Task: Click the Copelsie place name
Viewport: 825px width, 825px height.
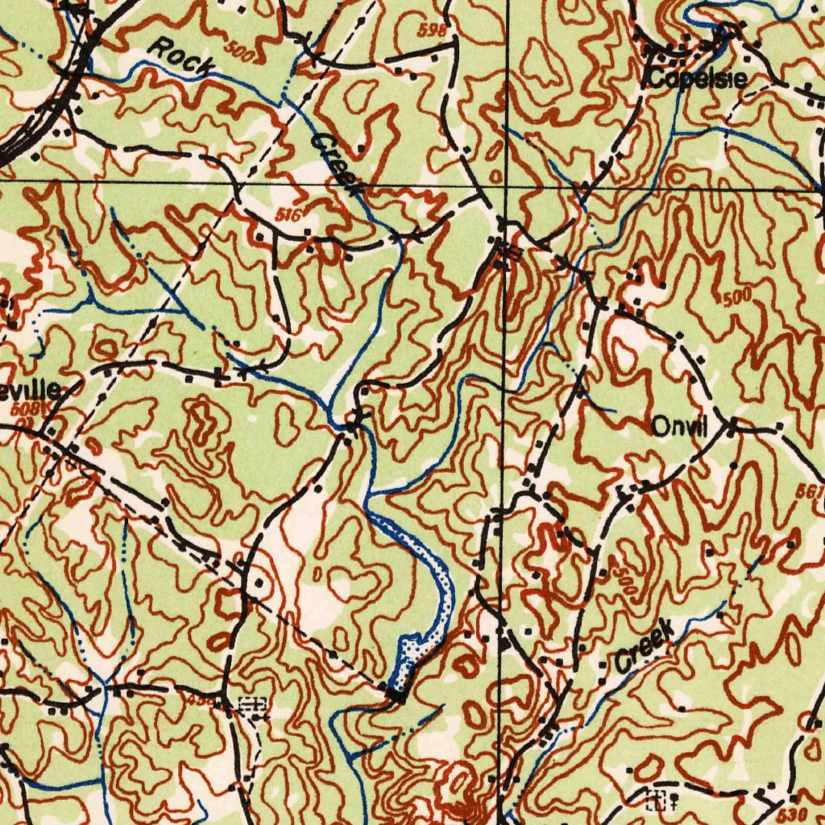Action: tap(698, 79)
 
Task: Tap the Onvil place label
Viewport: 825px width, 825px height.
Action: tap(678, 428)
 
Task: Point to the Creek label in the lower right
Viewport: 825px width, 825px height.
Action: tap(643, 645)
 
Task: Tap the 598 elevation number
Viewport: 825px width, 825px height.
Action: tap(432, 31)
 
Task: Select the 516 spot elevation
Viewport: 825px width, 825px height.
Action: tap(288, 215)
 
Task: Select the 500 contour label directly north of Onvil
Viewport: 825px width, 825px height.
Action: tap(737, 297)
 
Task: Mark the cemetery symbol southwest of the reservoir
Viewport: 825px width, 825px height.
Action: tap(253, 704)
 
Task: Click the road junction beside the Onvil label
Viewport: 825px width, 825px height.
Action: tap(730, 425)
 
